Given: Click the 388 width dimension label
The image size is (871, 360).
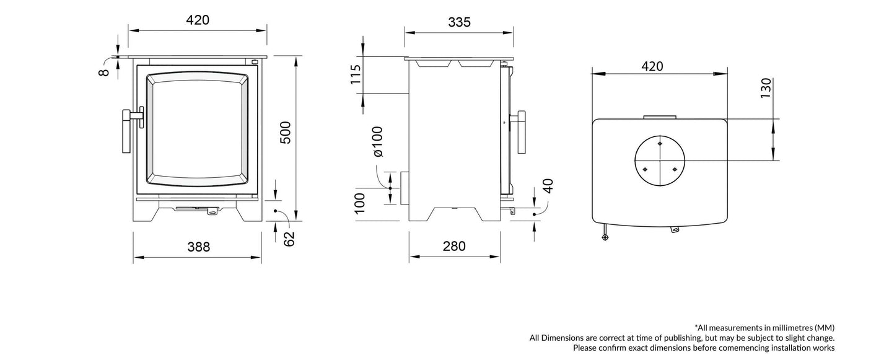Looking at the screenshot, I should tap(198, 247).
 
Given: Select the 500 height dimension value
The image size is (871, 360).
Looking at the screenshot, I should tap(285, 133).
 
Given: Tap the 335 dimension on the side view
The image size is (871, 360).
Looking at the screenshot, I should tap(459, 22).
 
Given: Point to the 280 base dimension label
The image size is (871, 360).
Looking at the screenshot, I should tap(454, 247).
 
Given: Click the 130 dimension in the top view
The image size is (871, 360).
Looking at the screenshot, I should tap(766, 89).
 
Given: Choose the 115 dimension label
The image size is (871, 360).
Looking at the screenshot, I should tap(356, 75).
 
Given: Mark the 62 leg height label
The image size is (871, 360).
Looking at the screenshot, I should tap(289, 239).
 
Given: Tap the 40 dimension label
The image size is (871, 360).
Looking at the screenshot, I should tap(547, 186).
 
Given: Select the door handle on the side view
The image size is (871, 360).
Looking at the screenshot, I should tap(522, 131).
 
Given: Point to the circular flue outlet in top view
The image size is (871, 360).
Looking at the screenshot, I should tap(659, 160).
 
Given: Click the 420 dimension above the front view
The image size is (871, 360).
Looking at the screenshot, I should tap(198, 20).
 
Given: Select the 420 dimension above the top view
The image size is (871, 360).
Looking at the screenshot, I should tap(652, 66).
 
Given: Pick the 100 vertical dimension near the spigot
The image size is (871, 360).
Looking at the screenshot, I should tap(359, 203).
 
